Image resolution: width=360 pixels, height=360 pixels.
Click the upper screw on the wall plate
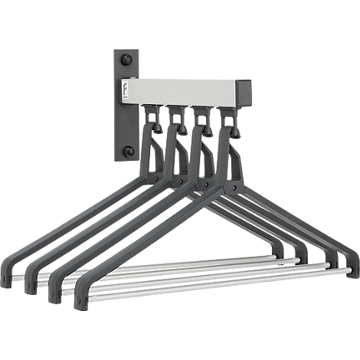127,61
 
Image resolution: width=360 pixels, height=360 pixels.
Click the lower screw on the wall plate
129,151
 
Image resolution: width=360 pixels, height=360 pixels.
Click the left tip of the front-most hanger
81,299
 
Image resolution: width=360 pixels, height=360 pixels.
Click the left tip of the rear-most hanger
7,277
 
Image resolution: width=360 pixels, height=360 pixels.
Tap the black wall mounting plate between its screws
128,106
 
